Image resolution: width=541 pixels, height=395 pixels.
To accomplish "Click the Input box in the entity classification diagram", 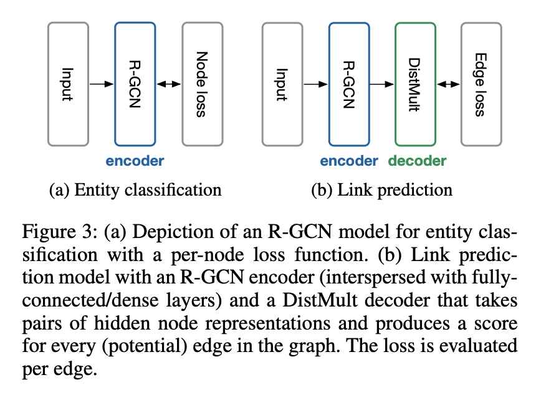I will (68, 83).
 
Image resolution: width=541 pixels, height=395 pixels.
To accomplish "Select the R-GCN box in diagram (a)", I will (135, 83).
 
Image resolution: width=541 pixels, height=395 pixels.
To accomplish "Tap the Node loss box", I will (202, 83).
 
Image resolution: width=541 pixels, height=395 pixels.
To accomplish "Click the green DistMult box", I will (415, 83).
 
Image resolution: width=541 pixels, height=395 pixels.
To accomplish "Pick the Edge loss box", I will (481, 83).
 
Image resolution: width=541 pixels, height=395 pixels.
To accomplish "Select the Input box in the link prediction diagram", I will (282, 83).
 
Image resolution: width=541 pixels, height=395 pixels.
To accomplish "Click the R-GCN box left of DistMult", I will (348, 83).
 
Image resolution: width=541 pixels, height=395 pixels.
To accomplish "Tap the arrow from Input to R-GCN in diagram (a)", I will (101, 83).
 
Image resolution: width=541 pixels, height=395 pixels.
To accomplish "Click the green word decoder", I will (417, 161).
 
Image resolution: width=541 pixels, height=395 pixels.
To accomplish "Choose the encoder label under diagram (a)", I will (135, 161).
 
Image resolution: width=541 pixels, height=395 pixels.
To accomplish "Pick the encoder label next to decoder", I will (349, 161).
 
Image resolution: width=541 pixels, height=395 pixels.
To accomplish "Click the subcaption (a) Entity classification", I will (135, 189).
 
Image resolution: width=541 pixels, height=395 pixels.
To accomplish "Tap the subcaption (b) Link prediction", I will (381, 189).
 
